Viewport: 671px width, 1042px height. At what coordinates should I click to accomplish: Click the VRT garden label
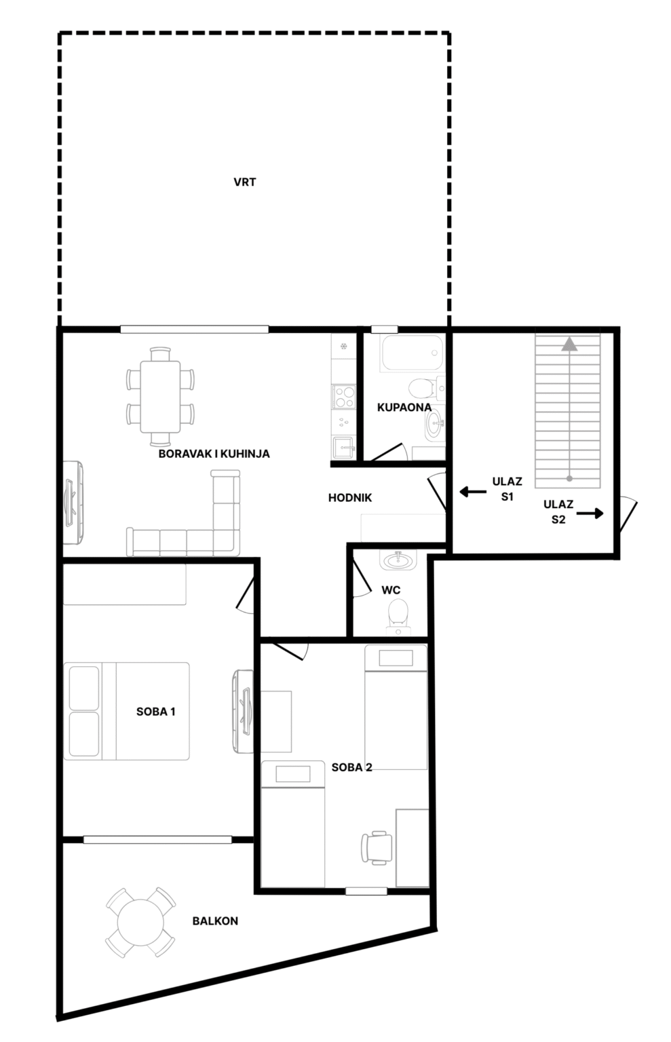(x=245, y=182)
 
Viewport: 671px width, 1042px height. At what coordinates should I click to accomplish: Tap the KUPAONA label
(x=404, y=408)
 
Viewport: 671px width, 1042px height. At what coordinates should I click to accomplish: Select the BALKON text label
(x=215, y=921)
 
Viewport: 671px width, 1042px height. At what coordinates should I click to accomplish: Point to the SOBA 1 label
(x=156, y=711)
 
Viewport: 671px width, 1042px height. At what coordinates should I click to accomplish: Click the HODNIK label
(x=350, y=498)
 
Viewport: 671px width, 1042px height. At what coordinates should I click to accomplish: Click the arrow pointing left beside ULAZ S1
(x=473, y=491)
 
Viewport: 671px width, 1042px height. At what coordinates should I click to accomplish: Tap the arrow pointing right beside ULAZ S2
(x=590, y=514)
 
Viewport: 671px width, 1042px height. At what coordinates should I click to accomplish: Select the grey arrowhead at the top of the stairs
(x=569, y=344)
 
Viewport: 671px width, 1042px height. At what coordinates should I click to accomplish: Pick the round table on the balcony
(x=140, y=923)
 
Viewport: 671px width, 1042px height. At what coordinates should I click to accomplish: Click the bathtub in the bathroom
(x=412, y=353)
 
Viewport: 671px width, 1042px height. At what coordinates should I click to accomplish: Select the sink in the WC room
(x=398, y=560)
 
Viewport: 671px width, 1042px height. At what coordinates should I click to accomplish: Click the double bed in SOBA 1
(x=127, y=711)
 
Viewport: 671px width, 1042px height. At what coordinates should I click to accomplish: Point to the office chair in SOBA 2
(x=377, y=847)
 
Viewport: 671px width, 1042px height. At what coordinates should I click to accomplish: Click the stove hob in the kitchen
(x=344, y=397)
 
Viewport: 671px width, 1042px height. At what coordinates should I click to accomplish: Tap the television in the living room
(x=73, y=503)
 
